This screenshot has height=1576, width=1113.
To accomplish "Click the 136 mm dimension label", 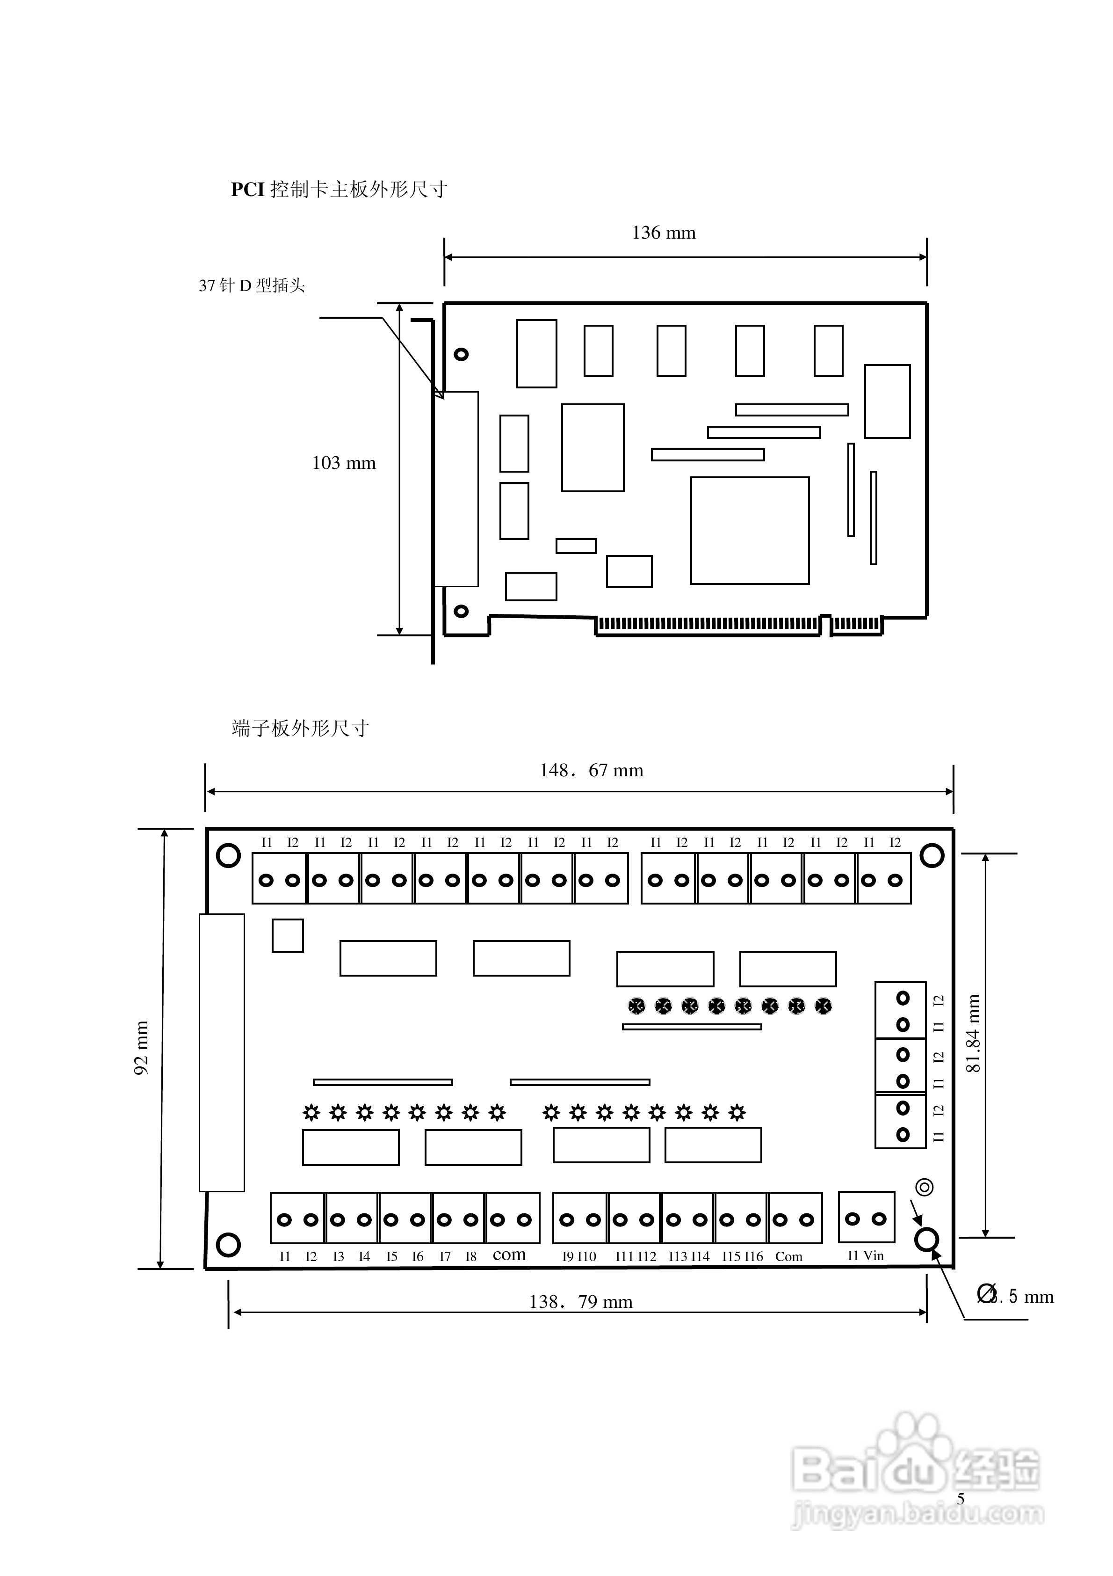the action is pos(664,233).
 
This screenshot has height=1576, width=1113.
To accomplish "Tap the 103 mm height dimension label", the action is pos(344,463).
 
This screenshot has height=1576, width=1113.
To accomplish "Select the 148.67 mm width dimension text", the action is pos(592,770).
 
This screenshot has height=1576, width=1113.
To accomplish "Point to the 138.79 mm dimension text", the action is pos(580,1302).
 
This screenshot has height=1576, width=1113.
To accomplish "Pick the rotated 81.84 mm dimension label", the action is pos(973,1034).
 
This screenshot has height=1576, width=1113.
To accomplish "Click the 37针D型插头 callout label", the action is pos(252,285).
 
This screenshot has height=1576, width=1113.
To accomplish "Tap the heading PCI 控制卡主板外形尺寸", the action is pos(339,190).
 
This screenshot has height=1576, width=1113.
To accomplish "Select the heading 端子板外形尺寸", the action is pos(301,728).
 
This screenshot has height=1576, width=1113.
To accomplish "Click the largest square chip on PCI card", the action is pos(750,531).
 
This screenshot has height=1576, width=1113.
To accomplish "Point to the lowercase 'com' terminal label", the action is pos(509,1255).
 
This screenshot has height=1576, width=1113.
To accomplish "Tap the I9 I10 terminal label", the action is pos(579,1257).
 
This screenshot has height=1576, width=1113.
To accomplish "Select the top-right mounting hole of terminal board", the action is pos(932,855).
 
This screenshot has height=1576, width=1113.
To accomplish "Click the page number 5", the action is pos(961,1499).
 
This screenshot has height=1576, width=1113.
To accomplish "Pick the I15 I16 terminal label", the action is pos(743,1257).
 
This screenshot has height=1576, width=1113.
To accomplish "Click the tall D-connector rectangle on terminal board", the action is pos(222,1053).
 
